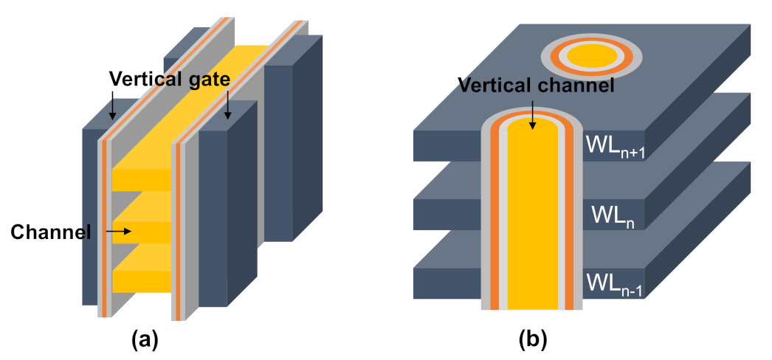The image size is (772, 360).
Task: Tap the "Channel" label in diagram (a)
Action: point(50,232)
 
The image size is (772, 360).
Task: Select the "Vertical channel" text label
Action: point(537,85)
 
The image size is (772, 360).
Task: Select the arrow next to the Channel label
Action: point(118,232)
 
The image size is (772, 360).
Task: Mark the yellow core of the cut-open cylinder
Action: point(532,221)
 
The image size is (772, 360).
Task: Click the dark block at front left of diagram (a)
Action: point(90,221)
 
